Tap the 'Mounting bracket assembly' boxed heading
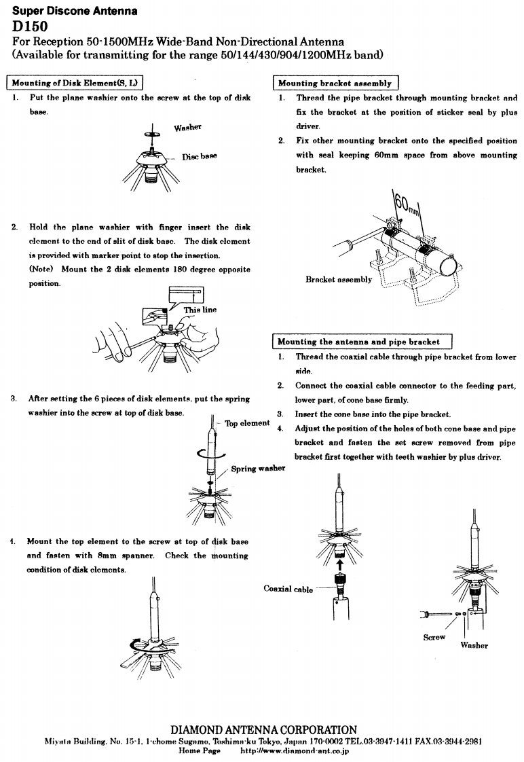[x=335, y=84]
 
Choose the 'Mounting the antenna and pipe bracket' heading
[x=358, y=342]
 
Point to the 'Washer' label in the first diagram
[x=188, y=127]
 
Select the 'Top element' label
[x=248, y=423]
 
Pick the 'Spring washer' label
[x=258, y=469]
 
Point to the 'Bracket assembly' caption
[x=339, y=279]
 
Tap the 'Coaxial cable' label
[x=288, y=589]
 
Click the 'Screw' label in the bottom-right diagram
[x=434, y=637]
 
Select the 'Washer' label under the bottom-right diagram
[x=474, y=645]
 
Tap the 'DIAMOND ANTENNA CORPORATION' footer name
[x=263, y=729]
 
